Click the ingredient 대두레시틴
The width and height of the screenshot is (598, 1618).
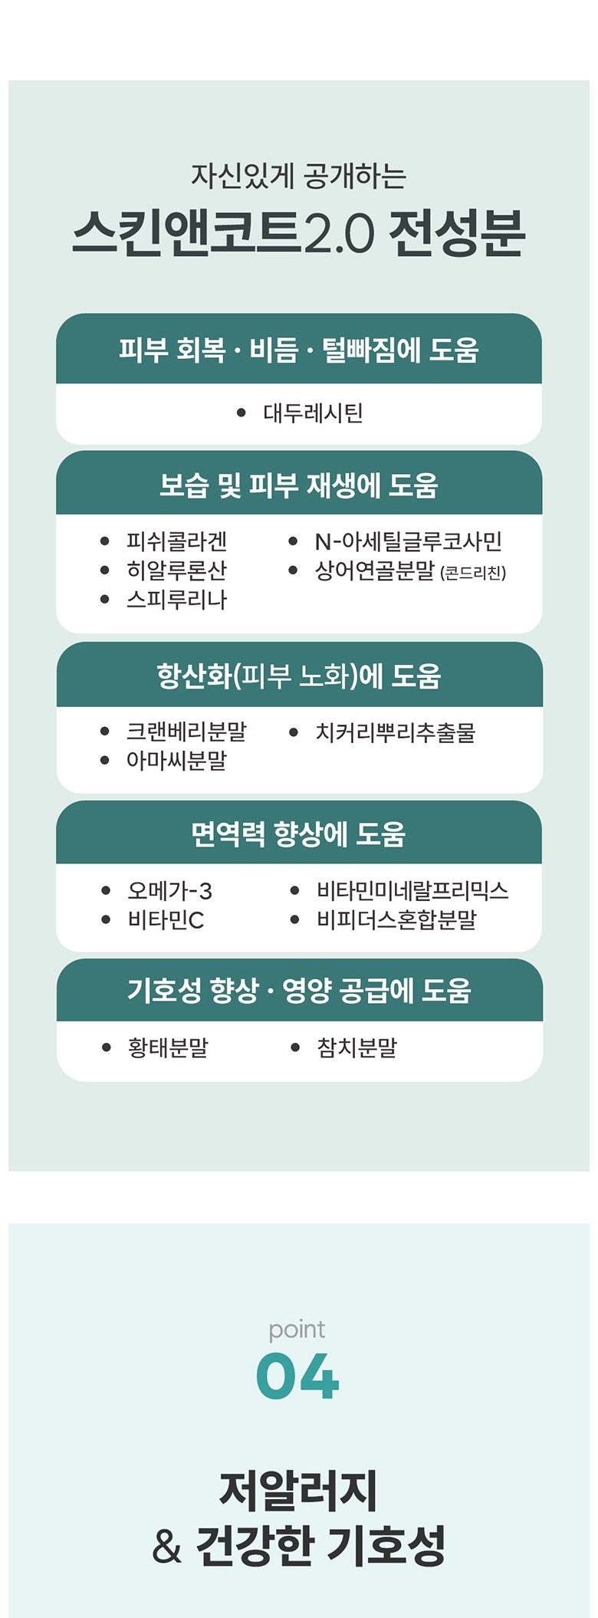(x=313, y=413)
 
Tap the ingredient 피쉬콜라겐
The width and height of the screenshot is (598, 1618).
(x=176, y=541)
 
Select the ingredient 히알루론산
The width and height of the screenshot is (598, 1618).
(x=176, y=571)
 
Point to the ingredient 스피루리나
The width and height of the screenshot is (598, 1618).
(x=176, y=600)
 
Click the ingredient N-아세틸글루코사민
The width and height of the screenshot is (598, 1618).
(x=408, y=541)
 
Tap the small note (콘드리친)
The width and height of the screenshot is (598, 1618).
(x=473, y=573)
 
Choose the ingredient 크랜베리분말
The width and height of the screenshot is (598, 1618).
(x=186, y=732)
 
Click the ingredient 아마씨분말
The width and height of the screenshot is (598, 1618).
(x=176, y=761)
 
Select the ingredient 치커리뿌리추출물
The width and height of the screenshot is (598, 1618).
(x=396, y=732)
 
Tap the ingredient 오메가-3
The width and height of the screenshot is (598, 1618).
(x=169, y=891)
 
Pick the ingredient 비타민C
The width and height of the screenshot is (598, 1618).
(x=166, y=919)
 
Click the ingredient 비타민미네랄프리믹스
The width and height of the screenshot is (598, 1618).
(x=412, y=891)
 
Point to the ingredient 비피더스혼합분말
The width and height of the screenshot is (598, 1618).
(x=396, y=919)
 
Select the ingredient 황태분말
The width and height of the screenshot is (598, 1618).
(x=168, y=1047)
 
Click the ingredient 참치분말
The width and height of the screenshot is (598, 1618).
(x=356, y=1047)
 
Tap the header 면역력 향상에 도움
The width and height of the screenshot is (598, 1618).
(x=298, y=834)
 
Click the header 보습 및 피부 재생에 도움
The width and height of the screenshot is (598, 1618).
(x=298, y=485)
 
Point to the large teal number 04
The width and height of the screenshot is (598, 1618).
(x=297, y=1376)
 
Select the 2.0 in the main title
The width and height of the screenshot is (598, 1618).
(x=340, y=233)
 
